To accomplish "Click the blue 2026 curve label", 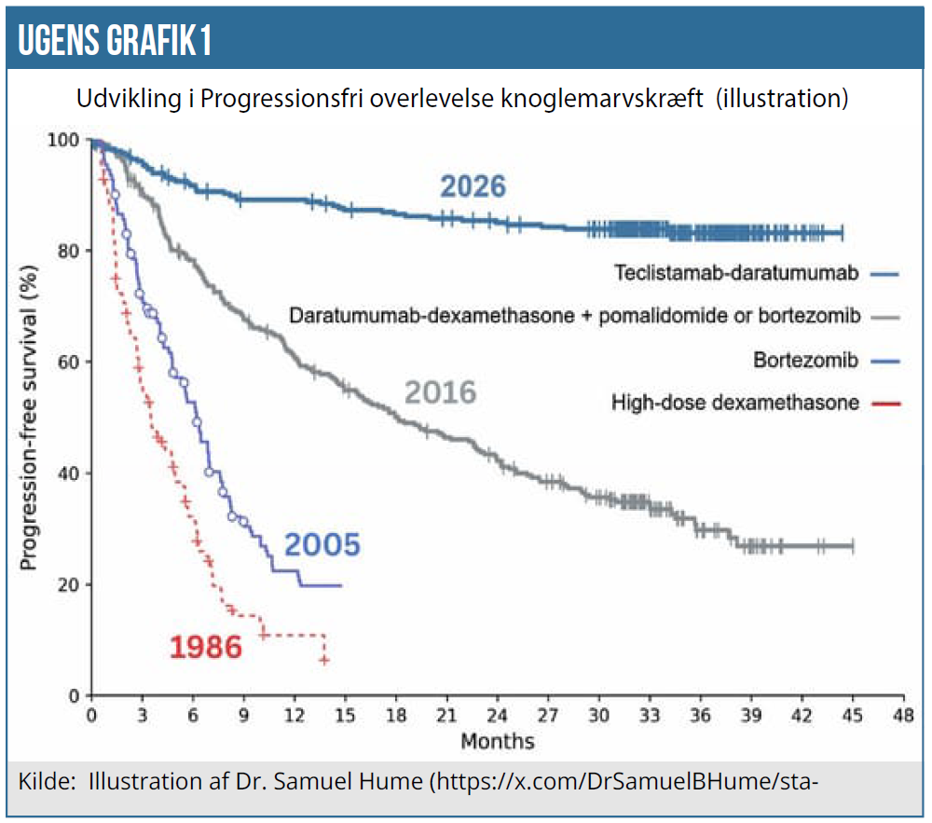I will pos(473,186).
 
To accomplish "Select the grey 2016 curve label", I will pos(440,392).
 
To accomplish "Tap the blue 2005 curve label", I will pos(322,544).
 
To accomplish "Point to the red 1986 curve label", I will pos(206,647).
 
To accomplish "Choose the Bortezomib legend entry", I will pos(804,360).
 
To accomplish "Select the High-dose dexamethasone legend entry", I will pos(734,404).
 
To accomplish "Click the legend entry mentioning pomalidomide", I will pos(573,316).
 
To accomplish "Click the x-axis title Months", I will pos(497,742).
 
